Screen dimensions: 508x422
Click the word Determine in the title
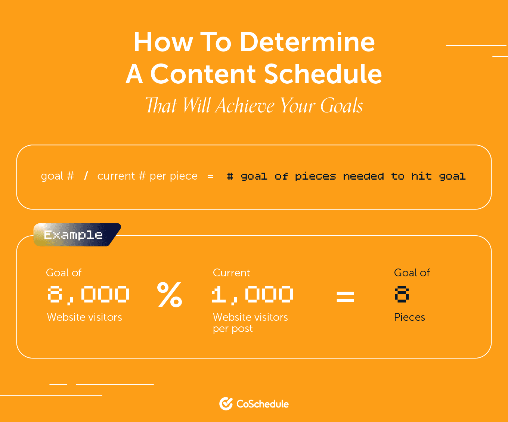tap(307, 42)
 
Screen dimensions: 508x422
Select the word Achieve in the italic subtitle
tap(245, 106)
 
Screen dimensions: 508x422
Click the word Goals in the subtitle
tap(341, 106)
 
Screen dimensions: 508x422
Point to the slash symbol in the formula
tap(86, 176)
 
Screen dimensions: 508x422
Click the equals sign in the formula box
tap(210, 176)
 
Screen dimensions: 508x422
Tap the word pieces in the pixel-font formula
tap(315, 176)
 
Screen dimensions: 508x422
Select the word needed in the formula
tap(363, 176)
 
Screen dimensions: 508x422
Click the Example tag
tap(77, 235)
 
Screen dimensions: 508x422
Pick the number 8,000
tap(88, 295)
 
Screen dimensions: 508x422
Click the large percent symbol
tap(170, 295)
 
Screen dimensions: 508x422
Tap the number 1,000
tap(252, 295)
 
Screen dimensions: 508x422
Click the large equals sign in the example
tap(345, 297)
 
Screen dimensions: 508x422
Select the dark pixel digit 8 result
tap(402, 294)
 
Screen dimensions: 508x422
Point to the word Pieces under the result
tap(409, 317)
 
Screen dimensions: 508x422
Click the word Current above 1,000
tap(231, 273)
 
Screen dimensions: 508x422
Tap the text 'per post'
tap(233, 329)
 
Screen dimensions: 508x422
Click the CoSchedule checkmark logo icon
tap(226, 404)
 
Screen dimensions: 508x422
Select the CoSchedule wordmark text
tap(263, 404)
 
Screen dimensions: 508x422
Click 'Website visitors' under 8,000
tap(84, 317)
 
